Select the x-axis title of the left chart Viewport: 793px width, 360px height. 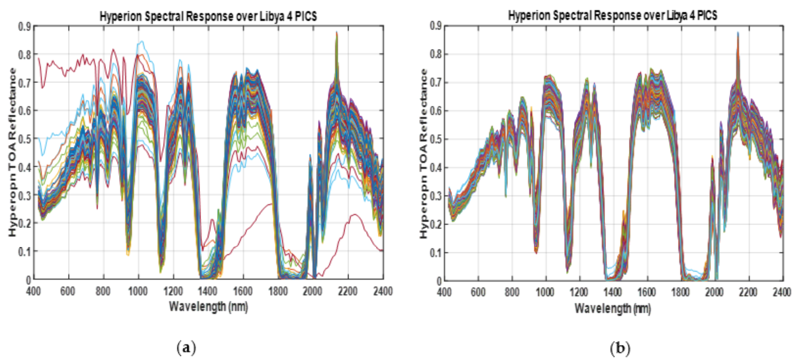pyautogui.click(x=208, y=305)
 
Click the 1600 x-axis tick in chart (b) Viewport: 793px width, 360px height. pyautogui.click(x=647, y=292)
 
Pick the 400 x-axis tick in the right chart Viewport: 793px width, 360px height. pyautogui.click(x=445, y=292)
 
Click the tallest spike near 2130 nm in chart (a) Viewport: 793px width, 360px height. pyautogui.click(x=337, y=33)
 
